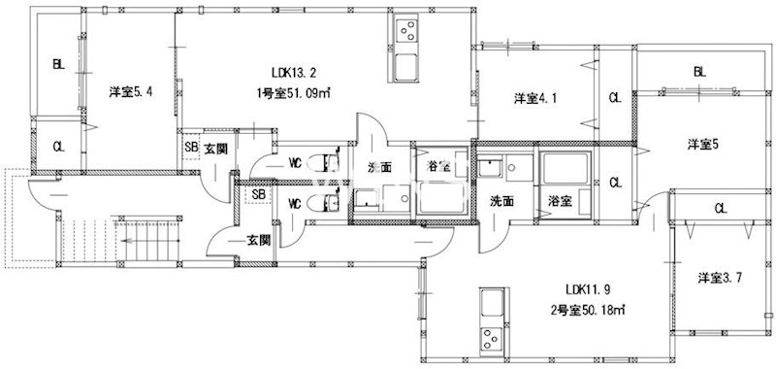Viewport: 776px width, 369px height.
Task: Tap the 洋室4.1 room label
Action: point(534,98)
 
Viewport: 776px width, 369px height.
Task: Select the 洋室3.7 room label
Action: point(721,278)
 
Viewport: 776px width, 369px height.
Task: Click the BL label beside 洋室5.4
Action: point(59,65)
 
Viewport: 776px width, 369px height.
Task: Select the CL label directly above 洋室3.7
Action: point(720,207)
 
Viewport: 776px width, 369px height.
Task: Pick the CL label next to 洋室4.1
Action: point(615,98)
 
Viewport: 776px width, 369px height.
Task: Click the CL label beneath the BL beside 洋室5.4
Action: point(59,147)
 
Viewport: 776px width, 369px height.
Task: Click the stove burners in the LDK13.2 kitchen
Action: point(404,32)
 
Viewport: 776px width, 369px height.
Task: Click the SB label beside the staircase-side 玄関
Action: point(258,194)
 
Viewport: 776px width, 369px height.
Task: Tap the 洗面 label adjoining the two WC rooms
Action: point(379,167)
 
